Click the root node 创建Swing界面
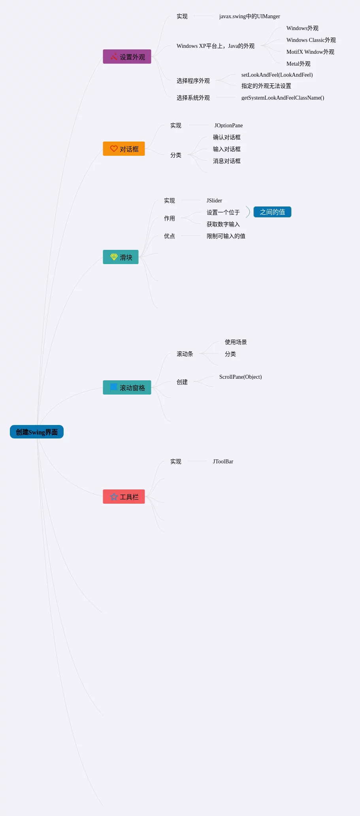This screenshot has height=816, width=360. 37,432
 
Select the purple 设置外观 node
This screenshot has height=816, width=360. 127,57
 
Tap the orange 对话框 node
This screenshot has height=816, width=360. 124,149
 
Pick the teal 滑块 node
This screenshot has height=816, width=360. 121,257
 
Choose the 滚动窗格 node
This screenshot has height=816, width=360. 127,387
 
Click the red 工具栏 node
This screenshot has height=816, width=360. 124,497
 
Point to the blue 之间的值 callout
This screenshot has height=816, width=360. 272,212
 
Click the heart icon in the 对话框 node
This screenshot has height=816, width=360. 114,149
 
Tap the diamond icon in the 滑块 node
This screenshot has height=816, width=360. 114,257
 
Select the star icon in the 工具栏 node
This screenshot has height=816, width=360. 114,497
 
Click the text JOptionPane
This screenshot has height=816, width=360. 228,125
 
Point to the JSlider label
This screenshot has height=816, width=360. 214,200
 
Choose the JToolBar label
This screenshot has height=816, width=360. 223,461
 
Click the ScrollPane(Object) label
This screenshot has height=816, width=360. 240,377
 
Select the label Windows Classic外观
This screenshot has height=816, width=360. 311,40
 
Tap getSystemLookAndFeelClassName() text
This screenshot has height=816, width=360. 283,98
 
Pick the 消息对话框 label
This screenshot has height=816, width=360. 226,161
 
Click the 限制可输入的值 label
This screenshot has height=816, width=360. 226,236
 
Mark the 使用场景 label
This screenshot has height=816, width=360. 236,342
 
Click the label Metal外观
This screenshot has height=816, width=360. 298,64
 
